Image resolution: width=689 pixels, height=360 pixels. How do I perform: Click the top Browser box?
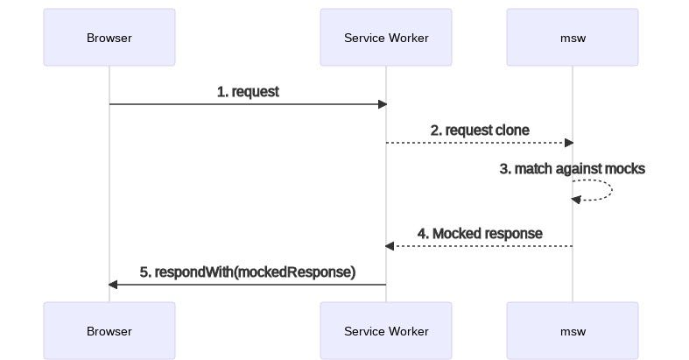(x=109, y=38)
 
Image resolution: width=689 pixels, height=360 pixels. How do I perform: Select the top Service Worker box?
(x=386, y=38)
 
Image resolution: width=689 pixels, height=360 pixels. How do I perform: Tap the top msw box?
(x=573, y=38)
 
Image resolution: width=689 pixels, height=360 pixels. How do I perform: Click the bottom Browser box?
(x=109, y=330)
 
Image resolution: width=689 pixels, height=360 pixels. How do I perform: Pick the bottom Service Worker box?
(x=386, y=330)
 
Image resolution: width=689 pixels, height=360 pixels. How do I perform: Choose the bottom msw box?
(x=573, y=330)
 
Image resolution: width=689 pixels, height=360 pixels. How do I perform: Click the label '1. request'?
(x=248, y=92)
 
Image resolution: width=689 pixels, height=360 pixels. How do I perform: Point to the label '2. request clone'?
(x=480, y=131)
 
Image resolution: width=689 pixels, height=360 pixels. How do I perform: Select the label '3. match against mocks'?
(x=572, y=169)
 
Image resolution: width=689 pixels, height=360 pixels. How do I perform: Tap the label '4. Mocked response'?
(x=480, y=233)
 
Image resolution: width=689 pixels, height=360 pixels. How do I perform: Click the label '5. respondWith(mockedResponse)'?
(x=248, y=272)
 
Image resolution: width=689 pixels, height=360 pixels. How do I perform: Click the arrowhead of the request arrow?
(x=383, y=104)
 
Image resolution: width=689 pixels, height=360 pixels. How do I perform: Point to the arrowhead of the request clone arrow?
(x=569, y=143)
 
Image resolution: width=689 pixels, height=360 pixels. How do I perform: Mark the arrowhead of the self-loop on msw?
(x=576, y=200)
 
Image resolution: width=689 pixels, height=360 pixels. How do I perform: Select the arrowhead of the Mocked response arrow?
(x=390, y=246)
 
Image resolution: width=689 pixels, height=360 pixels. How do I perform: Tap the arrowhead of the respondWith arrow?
(x=113, y=285)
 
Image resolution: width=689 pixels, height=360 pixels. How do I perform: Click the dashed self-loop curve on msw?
(x=612, y=190)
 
